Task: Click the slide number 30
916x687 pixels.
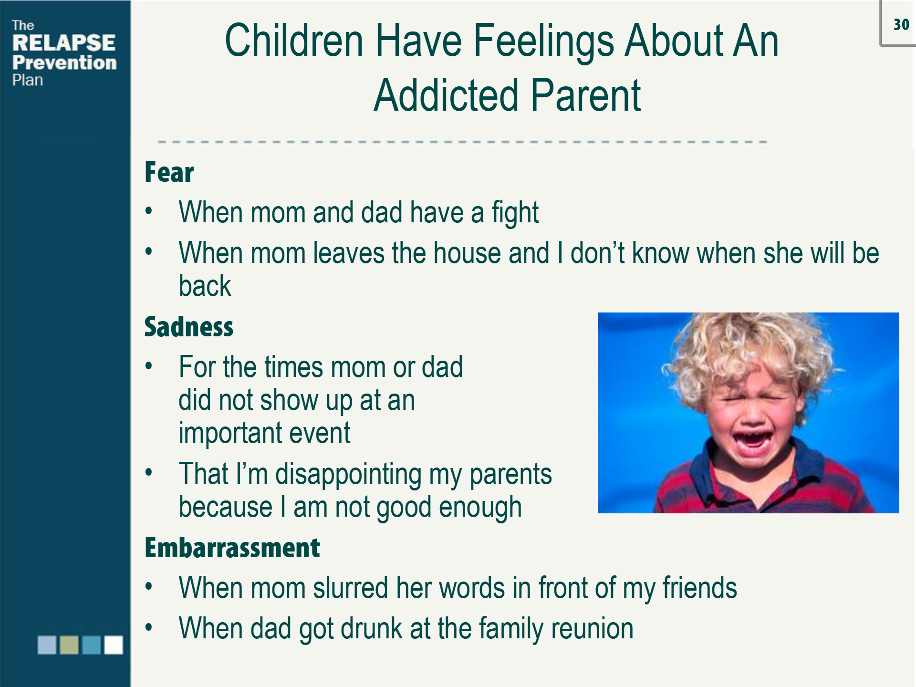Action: pos(901,24)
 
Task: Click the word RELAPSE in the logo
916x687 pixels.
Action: pos(63,43)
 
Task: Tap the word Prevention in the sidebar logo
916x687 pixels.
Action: pos(64,62)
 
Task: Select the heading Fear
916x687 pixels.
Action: pos(169,172)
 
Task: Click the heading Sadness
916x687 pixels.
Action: pos(189,327)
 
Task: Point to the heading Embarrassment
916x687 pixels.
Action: pos(232,548)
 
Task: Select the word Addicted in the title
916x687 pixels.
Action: pos(446,95)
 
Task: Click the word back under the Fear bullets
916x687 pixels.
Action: pos(205,286)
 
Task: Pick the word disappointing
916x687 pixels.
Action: pos(348,474)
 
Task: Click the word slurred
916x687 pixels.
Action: pos(351,588)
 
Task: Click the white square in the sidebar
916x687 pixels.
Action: pos(114,645)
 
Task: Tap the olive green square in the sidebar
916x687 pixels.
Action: pos(69,645)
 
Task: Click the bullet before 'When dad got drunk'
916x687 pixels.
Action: pos(149,627)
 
